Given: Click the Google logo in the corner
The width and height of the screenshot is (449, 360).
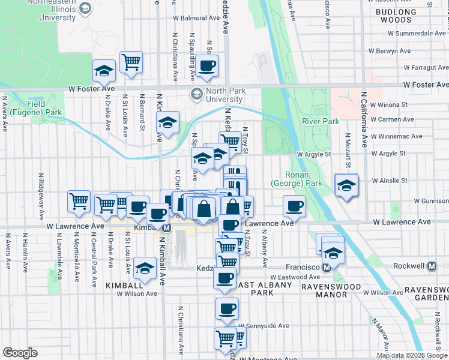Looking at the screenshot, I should [20, 353].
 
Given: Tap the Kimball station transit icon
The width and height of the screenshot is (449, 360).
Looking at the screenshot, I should [166, 228].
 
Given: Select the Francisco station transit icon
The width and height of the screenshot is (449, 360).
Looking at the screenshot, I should [327, 266].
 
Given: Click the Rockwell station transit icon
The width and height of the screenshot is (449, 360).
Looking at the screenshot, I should [432, 266].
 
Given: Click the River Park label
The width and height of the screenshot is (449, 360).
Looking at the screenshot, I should [321, 121].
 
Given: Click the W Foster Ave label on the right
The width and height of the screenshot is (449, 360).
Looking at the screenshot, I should [426, 86].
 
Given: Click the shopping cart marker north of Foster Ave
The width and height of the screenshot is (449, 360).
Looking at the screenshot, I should [131, 61].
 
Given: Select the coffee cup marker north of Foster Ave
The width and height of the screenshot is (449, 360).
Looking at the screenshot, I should [207, 66].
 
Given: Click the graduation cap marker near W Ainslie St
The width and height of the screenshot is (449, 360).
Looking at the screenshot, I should [346, 185].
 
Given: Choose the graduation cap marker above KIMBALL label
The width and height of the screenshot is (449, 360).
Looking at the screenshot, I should [145, 269].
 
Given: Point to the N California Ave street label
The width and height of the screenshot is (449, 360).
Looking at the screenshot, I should [363, 119].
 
